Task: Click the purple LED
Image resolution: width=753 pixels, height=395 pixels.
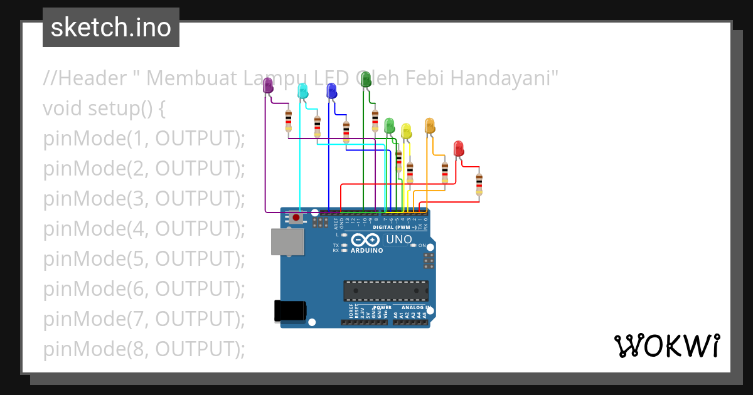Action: pyautogui.click(x=268, y=86)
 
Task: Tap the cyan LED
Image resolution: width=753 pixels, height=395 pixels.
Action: pyautogui.click(x=302, y=90)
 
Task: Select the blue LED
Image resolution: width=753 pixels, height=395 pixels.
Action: pyautogui.click(x=331, y=91)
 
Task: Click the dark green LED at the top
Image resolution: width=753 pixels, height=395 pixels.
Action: pyautogui.click(x=366, y=80)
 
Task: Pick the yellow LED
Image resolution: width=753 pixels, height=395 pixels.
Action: pyautogui.click(x=406, y=131)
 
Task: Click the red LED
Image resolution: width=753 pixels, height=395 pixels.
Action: pyautogui.click(x=459, y=149)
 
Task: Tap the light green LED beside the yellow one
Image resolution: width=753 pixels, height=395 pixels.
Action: pyautogui.click(x=389, y=125)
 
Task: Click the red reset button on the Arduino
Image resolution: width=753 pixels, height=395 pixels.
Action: pyautogui.click(x=296, y=218)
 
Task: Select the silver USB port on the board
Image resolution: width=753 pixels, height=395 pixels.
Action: pyautogui.click(x=287, y=241)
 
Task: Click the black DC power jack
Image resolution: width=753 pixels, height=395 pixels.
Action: pyautogui.click(x=291, y=312)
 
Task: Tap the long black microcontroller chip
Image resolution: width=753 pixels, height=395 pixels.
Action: pyautogui.click(x=385, y=291)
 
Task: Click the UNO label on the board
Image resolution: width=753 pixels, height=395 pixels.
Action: pyautogui.click(x=398, y=240)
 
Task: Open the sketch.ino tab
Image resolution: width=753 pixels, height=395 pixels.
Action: pyautogui.click(x=111, y=28)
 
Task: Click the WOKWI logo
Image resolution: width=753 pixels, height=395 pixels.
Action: pyautogui.click(x=666, y=345)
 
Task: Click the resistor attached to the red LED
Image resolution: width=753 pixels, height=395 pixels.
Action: pyautogui.click(x=479, y=184)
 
